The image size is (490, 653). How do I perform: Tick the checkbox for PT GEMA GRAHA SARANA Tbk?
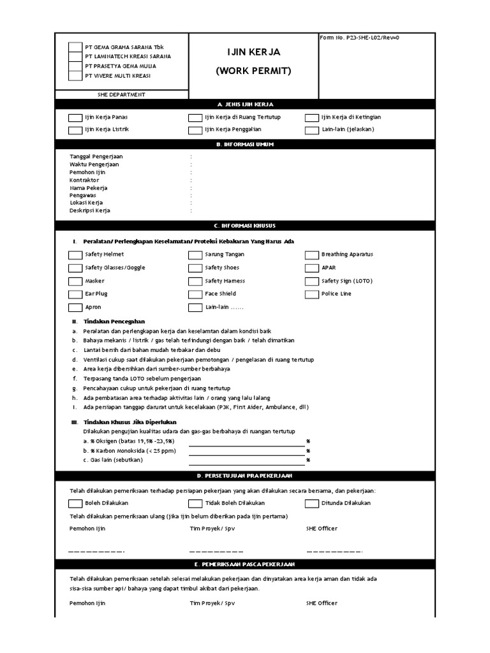click(75, 47)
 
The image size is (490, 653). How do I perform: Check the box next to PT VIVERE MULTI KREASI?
click(75, 76)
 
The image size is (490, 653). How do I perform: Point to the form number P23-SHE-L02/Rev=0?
click(360, 38)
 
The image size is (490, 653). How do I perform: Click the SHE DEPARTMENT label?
click(122, 94)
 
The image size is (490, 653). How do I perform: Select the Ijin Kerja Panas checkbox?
click(75, 118)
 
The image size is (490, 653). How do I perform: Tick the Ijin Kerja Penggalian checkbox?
click(195, 130)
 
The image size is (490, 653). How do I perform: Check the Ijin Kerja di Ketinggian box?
click(311, 118)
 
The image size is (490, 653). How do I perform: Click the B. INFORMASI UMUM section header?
click(245, 144)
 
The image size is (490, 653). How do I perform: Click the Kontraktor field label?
click(84, 180)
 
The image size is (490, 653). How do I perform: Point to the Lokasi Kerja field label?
click(86, 203)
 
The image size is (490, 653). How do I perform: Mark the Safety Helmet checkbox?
click(75, 255)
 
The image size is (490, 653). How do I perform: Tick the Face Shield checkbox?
click(195, 295)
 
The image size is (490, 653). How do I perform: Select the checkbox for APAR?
click(311, 268)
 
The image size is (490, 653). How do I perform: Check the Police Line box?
click(311, 295)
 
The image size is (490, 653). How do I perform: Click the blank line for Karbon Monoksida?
click(246, 450)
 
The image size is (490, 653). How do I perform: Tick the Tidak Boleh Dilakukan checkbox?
click(195, 504)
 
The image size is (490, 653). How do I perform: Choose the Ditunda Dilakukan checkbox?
click(311, 504)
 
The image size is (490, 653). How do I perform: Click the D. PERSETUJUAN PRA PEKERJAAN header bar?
click(245, 476)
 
